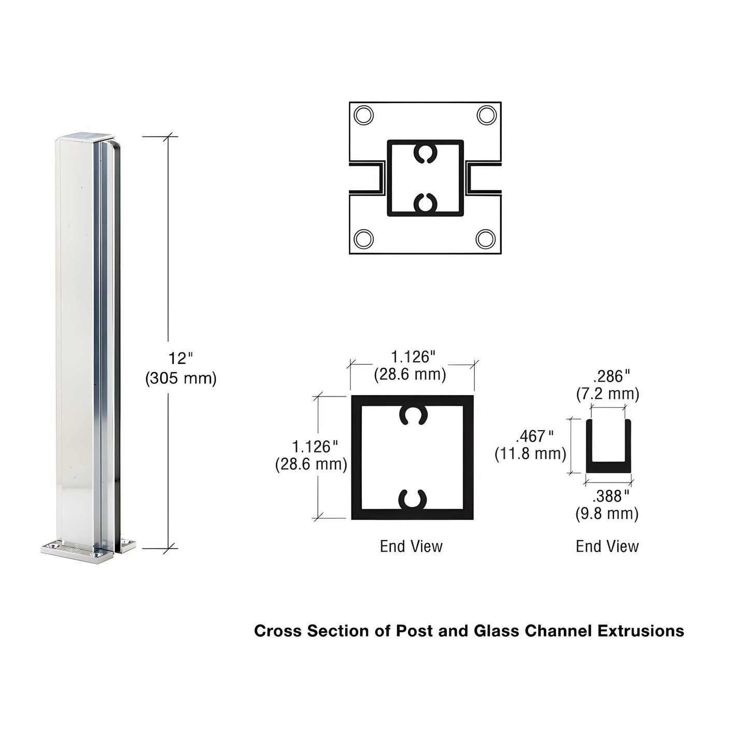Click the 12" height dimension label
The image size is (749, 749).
180,358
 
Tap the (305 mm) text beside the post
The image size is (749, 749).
180,378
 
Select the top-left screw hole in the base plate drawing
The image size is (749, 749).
363,115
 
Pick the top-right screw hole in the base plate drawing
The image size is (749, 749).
486,115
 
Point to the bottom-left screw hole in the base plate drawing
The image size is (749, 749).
363,239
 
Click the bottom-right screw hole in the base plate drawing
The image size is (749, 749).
486,239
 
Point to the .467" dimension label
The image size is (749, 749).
534,436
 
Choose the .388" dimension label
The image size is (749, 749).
611,496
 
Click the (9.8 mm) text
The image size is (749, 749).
607,514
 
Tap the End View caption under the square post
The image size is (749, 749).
411,546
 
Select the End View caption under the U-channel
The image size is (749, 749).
607,546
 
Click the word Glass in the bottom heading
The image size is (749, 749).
497,631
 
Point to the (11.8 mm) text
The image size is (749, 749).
530,454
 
